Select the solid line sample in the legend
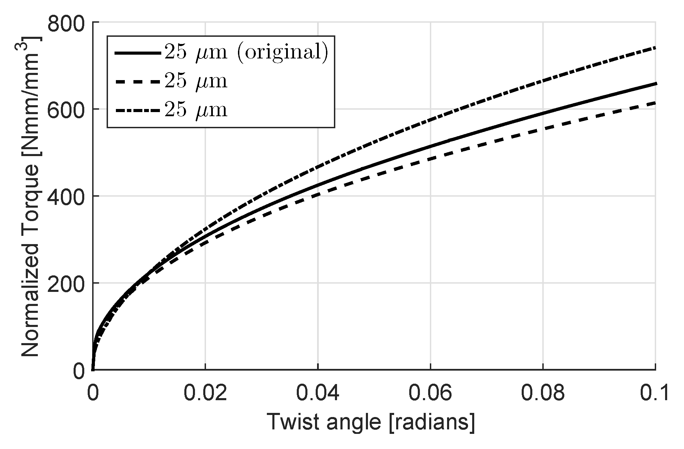coord(138,53)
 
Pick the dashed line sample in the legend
coord(138,82)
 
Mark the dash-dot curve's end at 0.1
coord(655,47)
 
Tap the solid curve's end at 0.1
coord(655,84)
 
